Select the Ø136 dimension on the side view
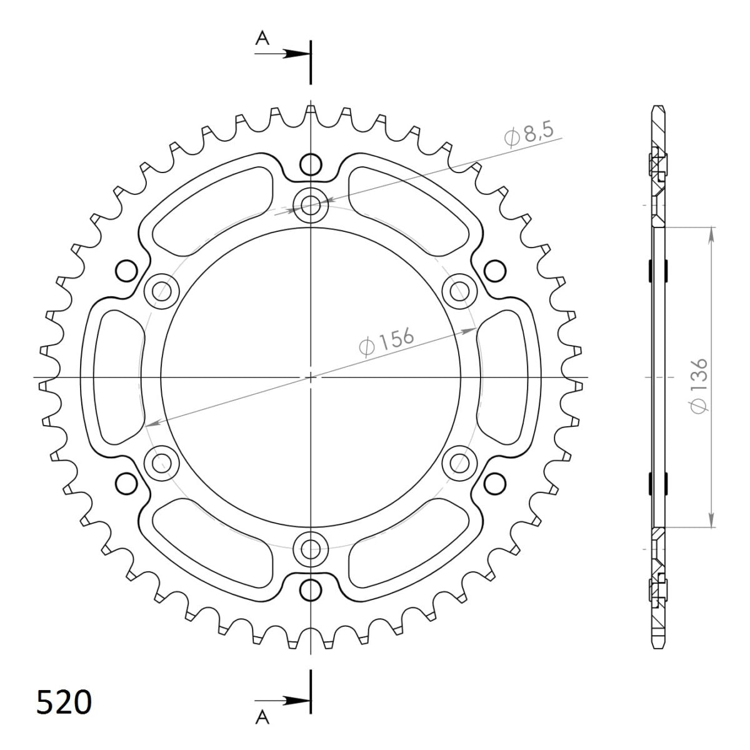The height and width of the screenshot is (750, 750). coord(698,385)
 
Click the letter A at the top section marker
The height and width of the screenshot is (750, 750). coord(263,39)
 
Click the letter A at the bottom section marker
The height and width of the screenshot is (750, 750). coord(263,720)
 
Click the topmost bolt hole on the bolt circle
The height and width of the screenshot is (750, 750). coord(310,204)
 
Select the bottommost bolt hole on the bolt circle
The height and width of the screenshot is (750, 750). coord(310,549)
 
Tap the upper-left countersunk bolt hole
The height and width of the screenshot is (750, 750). coord(161,290)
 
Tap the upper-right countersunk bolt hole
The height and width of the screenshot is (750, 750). coord(459,290)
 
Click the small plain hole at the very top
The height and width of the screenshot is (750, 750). coord(310,165)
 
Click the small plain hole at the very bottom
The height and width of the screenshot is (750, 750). coord(310,589)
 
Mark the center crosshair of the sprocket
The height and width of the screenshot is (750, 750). coord(310,377)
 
